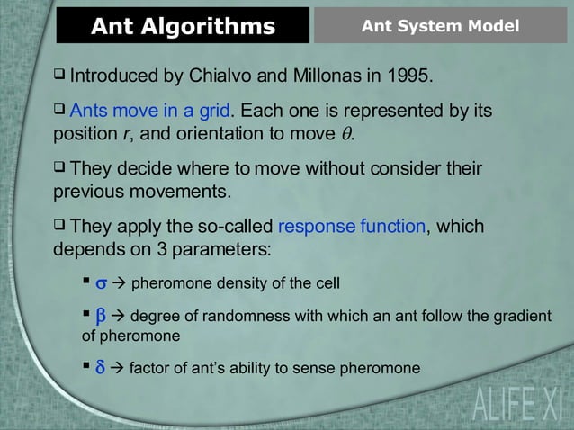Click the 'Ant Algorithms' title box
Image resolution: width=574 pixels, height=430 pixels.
point(183,26)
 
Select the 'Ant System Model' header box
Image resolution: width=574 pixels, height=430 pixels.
point(440,26)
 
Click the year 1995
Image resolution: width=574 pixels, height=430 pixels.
point(410,74)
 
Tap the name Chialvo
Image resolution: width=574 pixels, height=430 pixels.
point(228,74)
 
